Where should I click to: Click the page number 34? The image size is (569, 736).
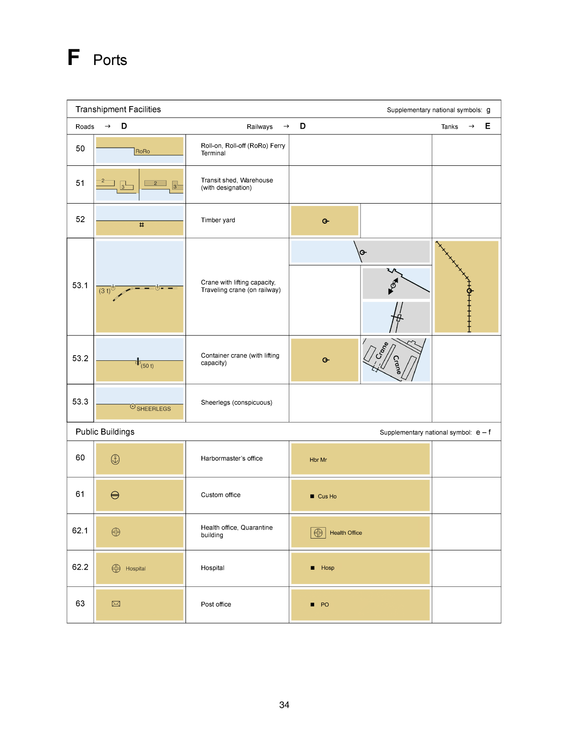point(284,705)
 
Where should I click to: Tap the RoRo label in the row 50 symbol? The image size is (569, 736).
point(142,152)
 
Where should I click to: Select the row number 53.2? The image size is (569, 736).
point(80,358)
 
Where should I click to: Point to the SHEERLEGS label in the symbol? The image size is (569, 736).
point(153,409)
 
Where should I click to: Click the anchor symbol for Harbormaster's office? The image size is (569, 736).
point(115,459)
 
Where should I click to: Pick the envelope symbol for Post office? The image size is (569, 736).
point(116,604)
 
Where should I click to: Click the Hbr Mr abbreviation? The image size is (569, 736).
point(318,460)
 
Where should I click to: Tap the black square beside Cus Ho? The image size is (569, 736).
point(312,497)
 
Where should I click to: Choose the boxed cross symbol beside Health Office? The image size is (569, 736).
point(318,533)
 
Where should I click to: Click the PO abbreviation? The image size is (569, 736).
point(325,605)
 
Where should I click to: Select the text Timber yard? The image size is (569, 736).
point(218,220)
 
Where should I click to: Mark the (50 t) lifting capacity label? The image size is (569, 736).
point(147,366)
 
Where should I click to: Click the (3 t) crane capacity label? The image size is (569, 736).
point(105,291)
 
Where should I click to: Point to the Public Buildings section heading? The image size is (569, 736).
point(105,432)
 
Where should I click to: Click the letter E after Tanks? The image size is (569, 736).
point(488,126)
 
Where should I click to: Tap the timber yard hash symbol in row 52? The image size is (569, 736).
point(142,225)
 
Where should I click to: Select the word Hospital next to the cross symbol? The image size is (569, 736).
point(136,569)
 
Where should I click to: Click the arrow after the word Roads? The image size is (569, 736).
point(108,126)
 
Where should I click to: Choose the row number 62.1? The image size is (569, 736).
point(80,530)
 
